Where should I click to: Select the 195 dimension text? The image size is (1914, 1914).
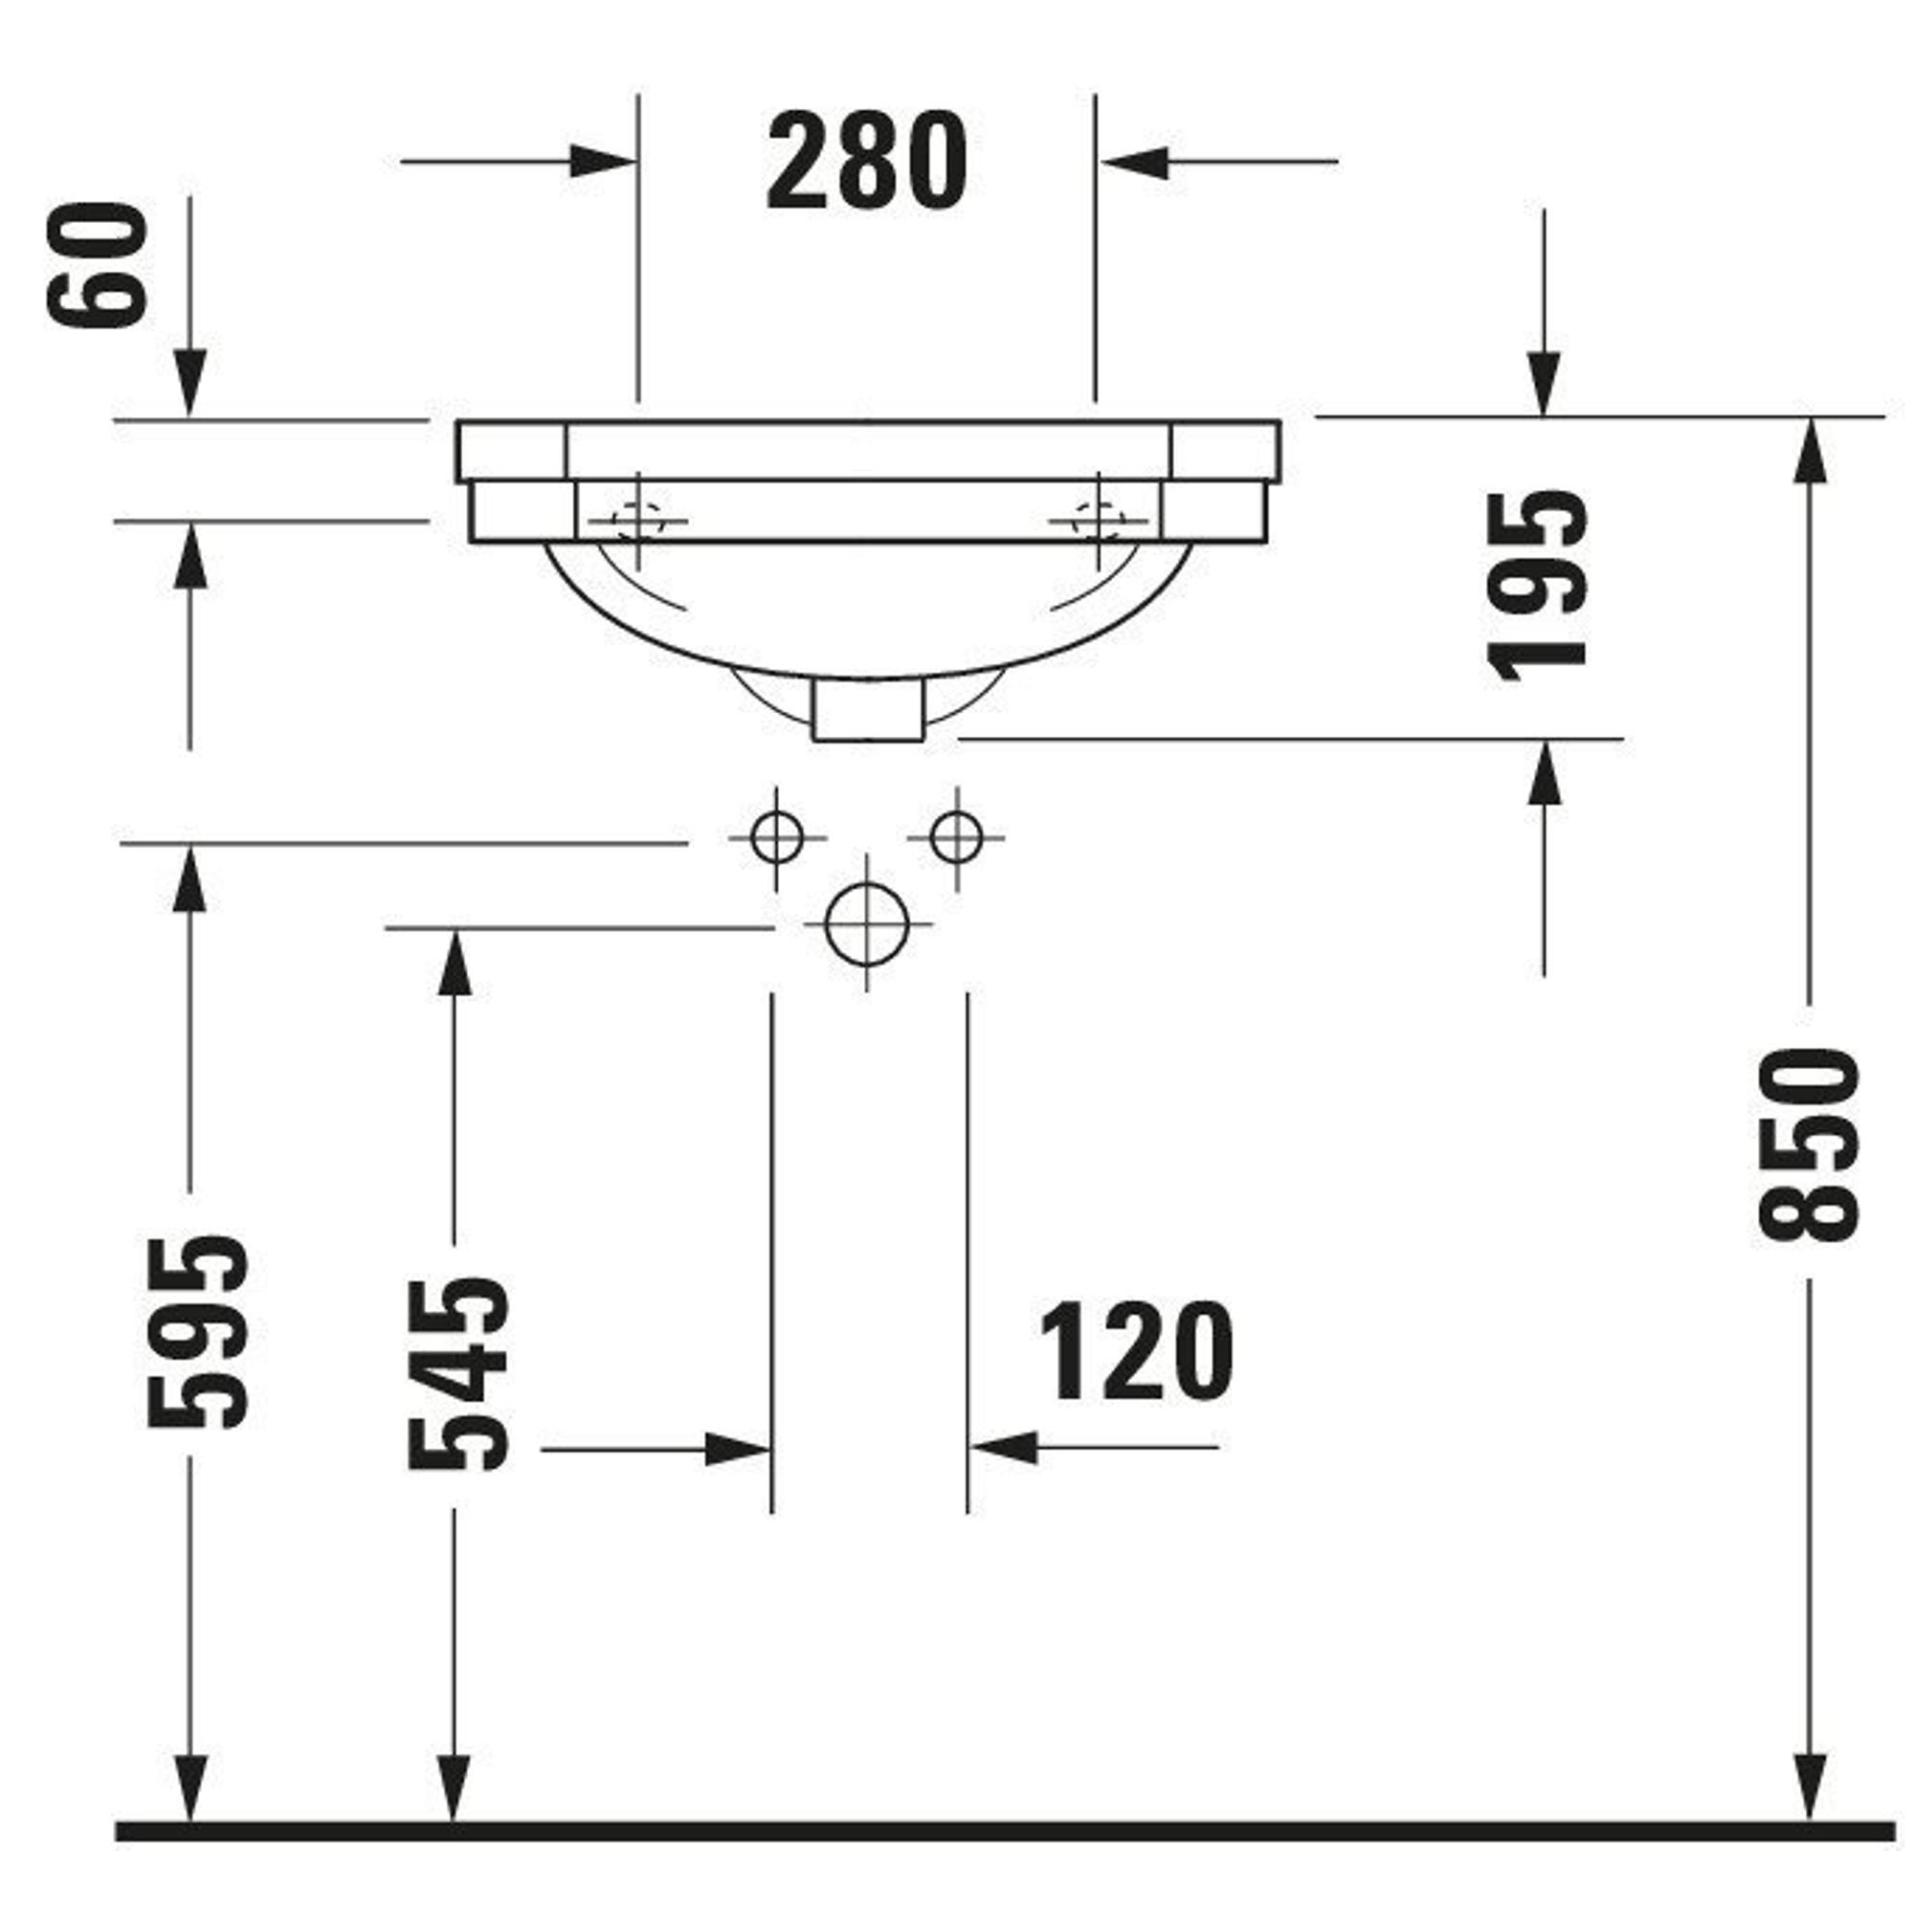pos(1538,587)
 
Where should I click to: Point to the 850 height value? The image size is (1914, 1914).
pos(1808,1146)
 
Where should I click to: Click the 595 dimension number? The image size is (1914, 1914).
pos(196,1331)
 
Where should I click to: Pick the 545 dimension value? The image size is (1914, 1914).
pos(458,1373)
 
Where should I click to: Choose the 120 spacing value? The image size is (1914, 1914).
pos(1136,1351)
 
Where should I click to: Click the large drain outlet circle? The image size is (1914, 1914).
pos(866,924)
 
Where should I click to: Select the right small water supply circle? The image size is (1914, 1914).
pos(956,837)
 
